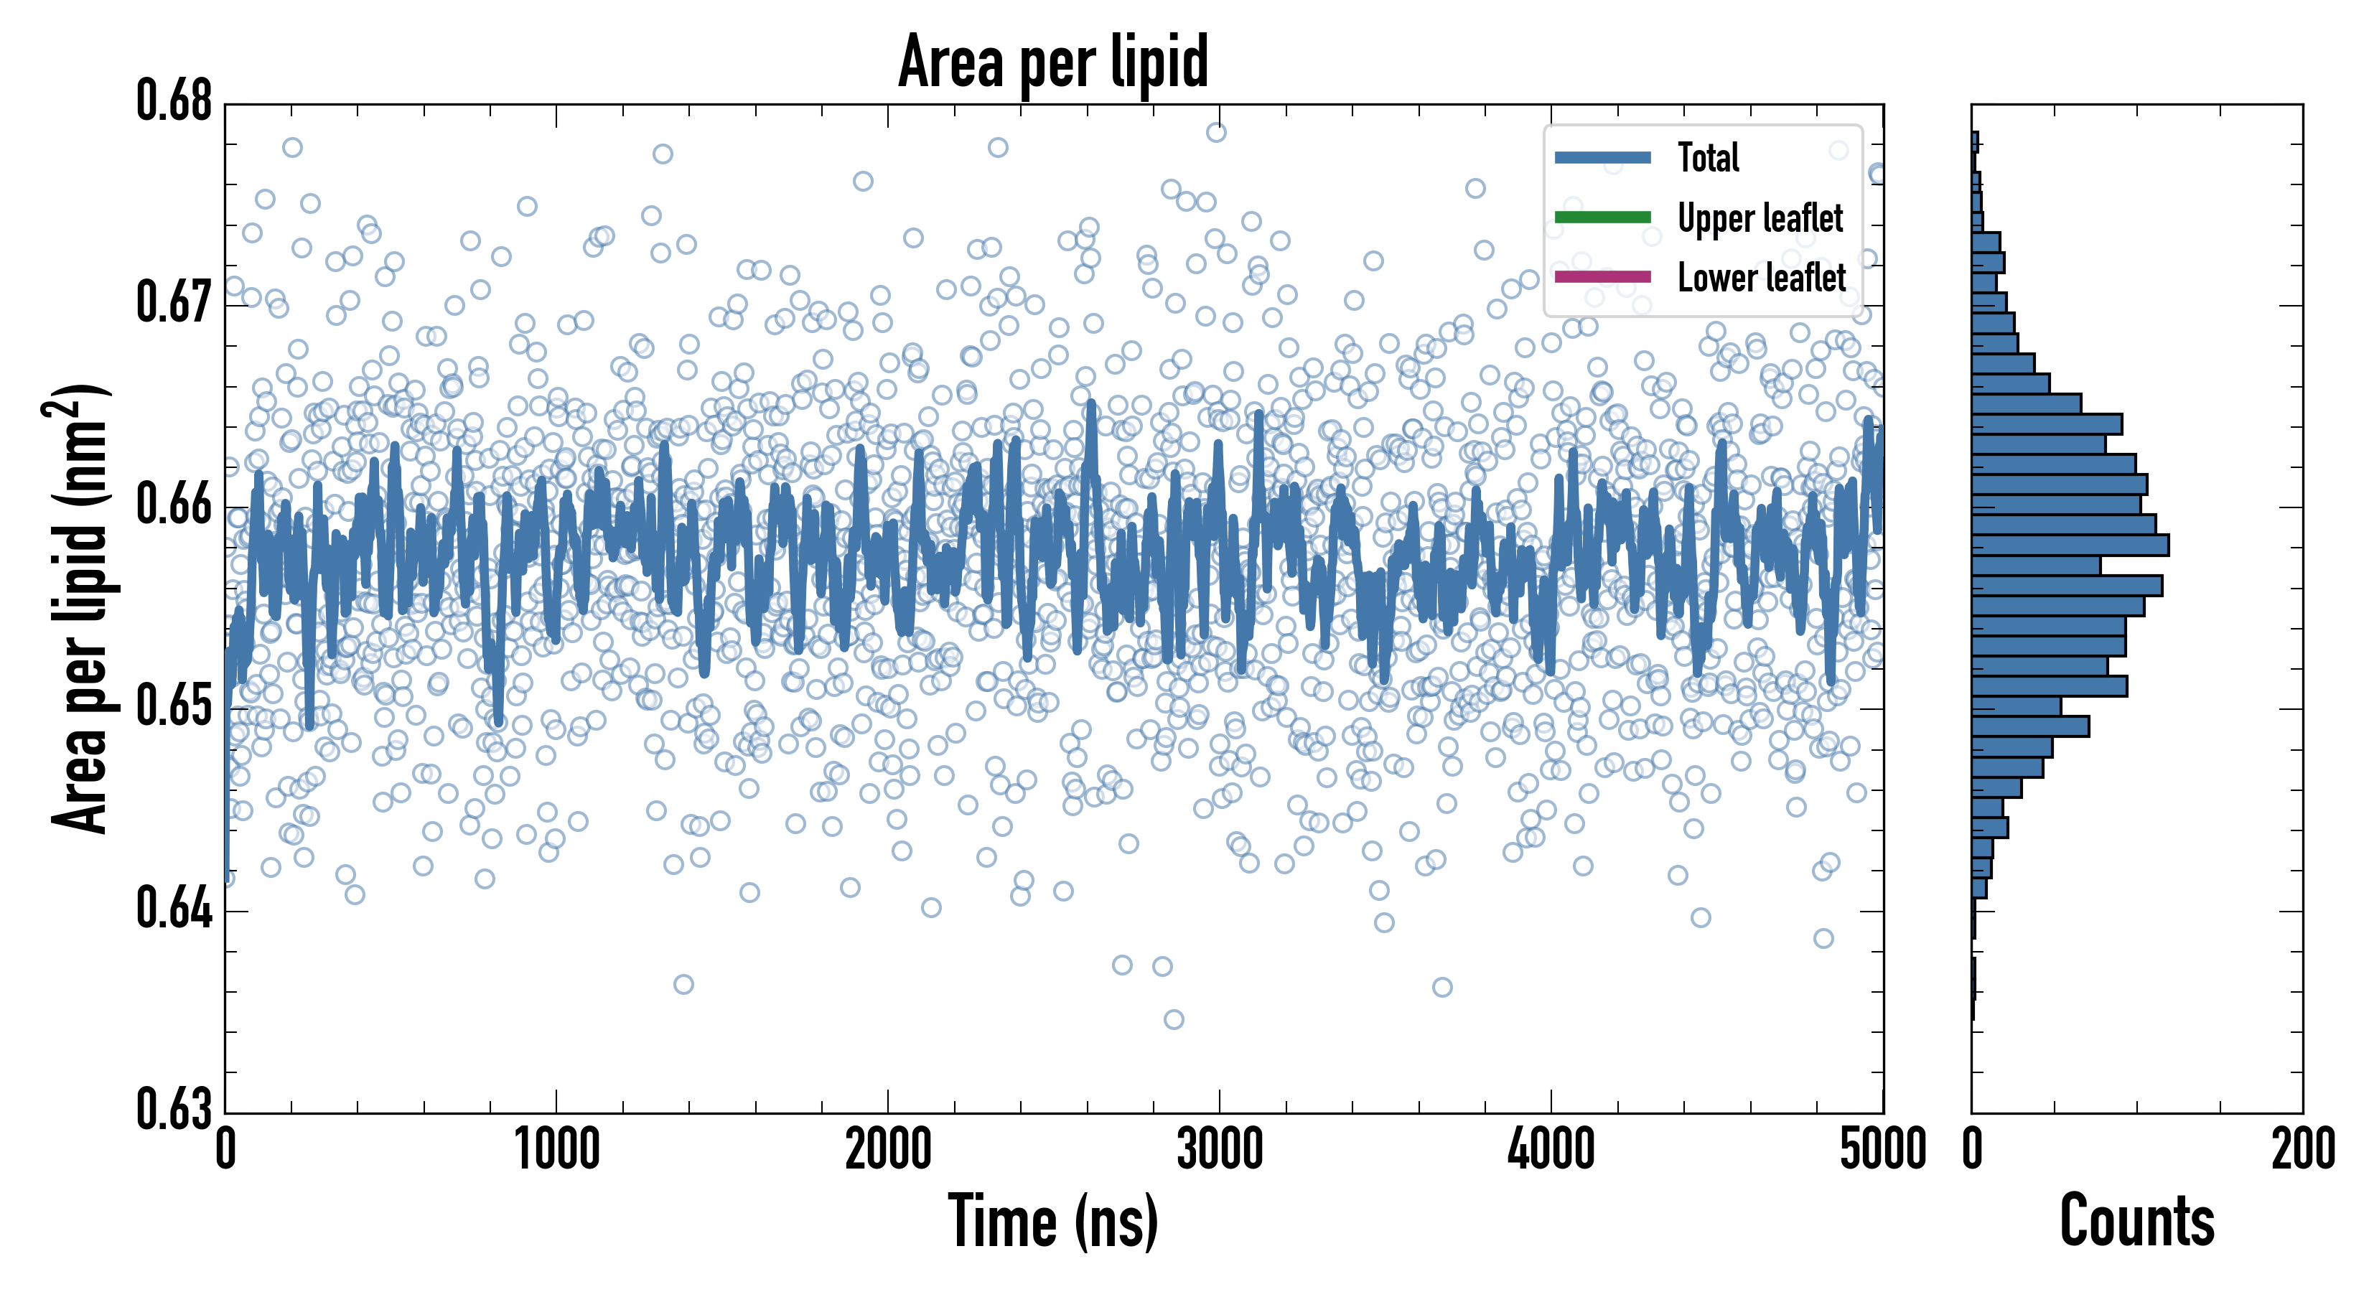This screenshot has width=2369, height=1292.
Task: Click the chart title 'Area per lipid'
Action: tap(1053, 62)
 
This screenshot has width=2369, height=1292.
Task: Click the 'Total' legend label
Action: tap(1708, 158)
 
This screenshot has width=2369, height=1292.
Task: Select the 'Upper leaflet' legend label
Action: tap(1760, 218)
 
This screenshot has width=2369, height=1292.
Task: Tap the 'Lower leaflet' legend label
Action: tap(1761, 278)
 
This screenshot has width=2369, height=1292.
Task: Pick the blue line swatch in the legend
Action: tap(1602, 158)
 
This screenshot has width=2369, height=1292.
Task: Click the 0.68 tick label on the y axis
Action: tap(174, 101)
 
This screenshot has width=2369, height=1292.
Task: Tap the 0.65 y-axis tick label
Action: tap(174, 706)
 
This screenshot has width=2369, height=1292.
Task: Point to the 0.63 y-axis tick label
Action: tap(174, 1109)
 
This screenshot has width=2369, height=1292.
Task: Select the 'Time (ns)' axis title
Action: tap(1053, 1221)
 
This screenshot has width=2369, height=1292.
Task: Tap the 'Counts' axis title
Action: tap(2136, 1221)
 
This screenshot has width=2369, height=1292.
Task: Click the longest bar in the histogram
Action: tap(2069, 544)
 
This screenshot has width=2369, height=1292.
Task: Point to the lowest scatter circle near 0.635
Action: tap(1174, 1019)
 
